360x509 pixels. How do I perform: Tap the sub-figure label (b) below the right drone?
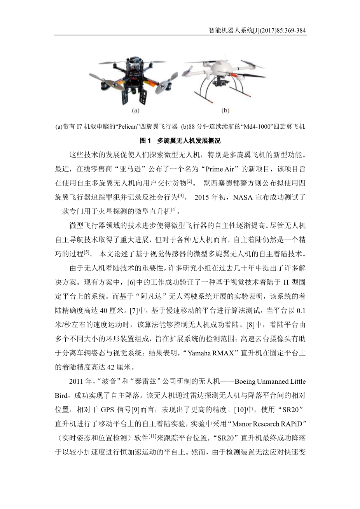(225, 111)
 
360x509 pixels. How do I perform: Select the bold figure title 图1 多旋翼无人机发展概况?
(180, 140)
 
